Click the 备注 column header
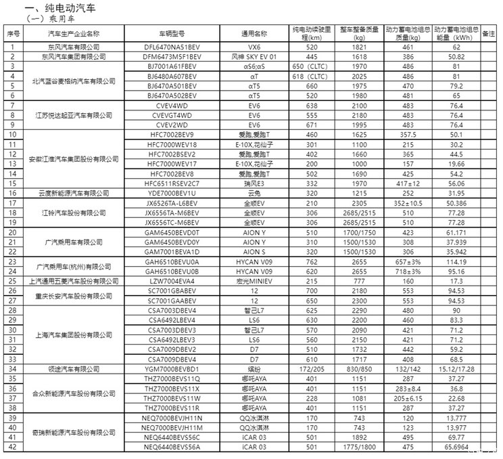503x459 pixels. coord(491,33)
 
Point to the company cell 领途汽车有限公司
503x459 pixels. coord(73,370)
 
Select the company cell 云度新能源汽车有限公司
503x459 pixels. coord(73,193)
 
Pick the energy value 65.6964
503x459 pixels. coord(457,447)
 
